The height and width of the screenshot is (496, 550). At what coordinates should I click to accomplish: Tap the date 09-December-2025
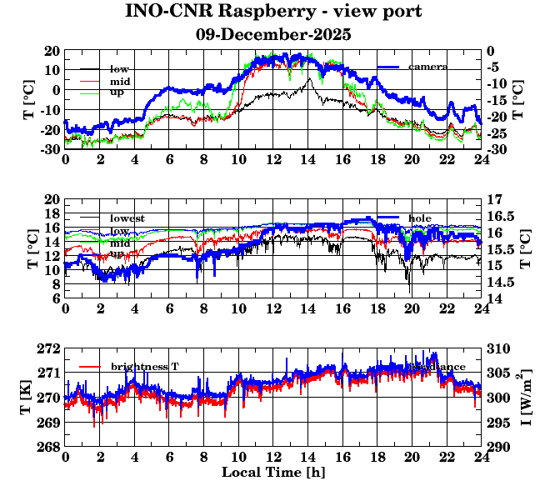(x=273, y=35)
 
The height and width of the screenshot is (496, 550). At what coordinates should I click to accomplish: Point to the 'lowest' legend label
(x=127, y=218)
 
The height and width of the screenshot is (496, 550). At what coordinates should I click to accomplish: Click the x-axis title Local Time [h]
(x=273, y=473)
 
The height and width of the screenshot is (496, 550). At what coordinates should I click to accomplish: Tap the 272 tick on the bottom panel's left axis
(x=50, y=348)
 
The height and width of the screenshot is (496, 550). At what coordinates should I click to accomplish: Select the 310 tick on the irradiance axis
(x=497, y=348)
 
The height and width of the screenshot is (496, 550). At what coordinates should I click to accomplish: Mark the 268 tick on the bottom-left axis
(x=50, y=447)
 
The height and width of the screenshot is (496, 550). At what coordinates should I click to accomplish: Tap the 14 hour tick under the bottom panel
(x=308, y=458)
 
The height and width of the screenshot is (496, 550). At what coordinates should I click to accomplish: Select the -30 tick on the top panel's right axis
(x=497, y=149)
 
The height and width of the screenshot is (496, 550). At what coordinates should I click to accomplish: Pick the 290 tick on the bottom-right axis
(x=497, y=447)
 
